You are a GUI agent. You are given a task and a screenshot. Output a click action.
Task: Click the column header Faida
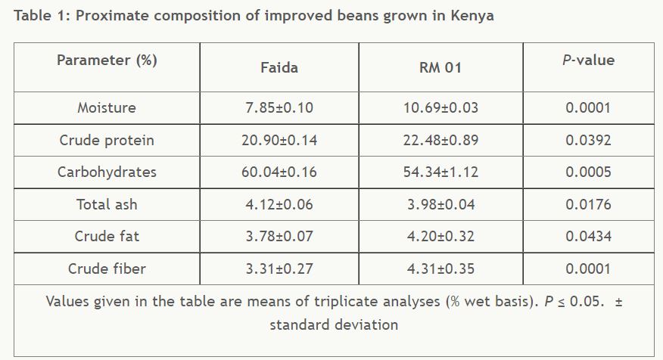(x=279, y=68)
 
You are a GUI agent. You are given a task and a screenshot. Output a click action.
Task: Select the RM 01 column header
(x=440, y=68)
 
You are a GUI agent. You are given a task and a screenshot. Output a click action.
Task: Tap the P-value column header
(x=588, y=61)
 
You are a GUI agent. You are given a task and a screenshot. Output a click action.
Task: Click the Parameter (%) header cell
(x=107, y=61)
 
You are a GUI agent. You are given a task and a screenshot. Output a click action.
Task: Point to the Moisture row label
(x=107, y=108)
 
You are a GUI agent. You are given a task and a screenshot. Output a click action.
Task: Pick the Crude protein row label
(x=107, y=141)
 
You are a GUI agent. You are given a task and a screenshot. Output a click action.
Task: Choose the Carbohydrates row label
(x=107, y=172)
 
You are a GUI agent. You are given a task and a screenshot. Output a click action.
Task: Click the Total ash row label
(x=107, y=205)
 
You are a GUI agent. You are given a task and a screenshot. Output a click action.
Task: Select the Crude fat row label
(x=107, y=237)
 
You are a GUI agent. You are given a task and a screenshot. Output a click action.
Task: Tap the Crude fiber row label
(x=107, y=269)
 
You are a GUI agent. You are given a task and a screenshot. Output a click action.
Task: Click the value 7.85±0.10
(x=279, y=108)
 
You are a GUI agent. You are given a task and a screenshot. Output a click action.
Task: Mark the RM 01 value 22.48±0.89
(x=440, y=141)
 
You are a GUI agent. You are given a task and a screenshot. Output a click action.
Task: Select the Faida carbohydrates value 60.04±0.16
(x=279, y=172)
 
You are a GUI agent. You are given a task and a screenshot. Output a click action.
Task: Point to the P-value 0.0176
(x=588, y=205)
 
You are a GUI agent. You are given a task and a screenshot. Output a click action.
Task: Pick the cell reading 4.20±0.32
(x=440, y=237)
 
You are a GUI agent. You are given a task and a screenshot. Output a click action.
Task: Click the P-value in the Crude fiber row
(x=588, y=269)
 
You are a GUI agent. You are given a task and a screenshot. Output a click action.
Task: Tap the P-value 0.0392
(x=588, y=141)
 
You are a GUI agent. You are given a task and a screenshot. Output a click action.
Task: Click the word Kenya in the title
(x=473, y=16)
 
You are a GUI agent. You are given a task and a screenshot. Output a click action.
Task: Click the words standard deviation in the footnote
(x=334, y=325)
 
